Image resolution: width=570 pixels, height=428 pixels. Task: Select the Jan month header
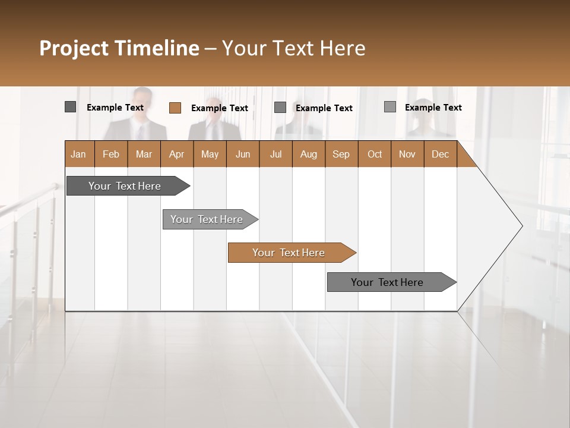[78, 154]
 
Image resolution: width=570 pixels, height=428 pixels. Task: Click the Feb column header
[111, 154]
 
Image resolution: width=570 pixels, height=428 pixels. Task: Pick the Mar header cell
[144, 154]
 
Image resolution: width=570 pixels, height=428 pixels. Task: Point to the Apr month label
[176, 154]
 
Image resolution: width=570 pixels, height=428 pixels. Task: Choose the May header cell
[210, 154]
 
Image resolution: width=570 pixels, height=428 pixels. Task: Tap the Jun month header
[243, 154]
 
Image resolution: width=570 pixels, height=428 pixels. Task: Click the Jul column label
[275, 154]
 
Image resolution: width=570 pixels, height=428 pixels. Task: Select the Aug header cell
[308, 154]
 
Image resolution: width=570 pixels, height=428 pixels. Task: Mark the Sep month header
[341, 154]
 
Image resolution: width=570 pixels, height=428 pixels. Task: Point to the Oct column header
[375, 154]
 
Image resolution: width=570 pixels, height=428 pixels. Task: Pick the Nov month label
[407, 154]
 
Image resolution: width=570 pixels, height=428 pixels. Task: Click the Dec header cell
[440, 154]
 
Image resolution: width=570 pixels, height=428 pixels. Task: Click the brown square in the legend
[175, 108]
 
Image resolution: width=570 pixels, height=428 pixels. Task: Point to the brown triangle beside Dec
[464, 159]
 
